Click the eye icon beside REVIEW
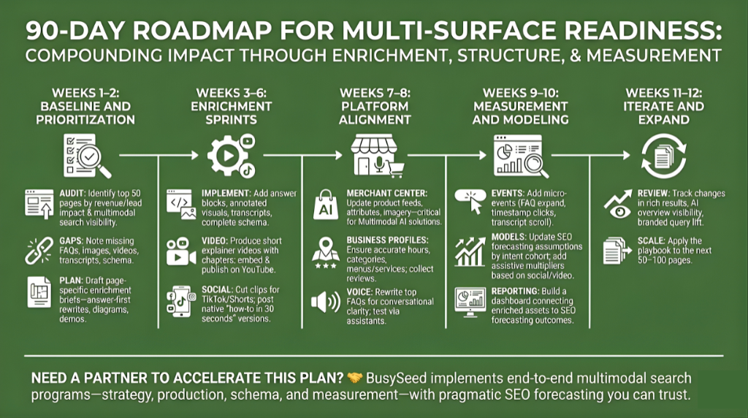(618, 207)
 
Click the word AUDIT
(75, 193)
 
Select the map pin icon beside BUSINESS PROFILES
(324, 252)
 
